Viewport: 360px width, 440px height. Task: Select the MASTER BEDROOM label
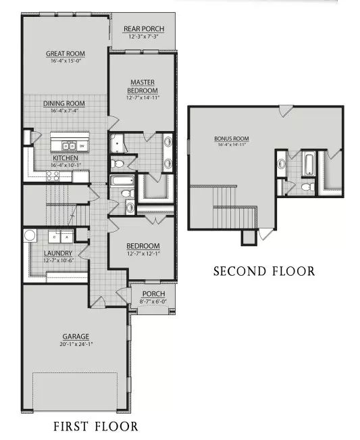[x=143, y=87]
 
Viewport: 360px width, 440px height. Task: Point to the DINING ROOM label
[x=64, y=103]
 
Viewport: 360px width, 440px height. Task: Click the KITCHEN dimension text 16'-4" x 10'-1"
[x=64, y=164]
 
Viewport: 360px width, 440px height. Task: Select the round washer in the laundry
[x=30, y=236]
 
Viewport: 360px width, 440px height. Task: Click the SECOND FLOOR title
[x=263, y=271]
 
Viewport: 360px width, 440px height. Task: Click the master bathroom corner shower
[x=118, y=144]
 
